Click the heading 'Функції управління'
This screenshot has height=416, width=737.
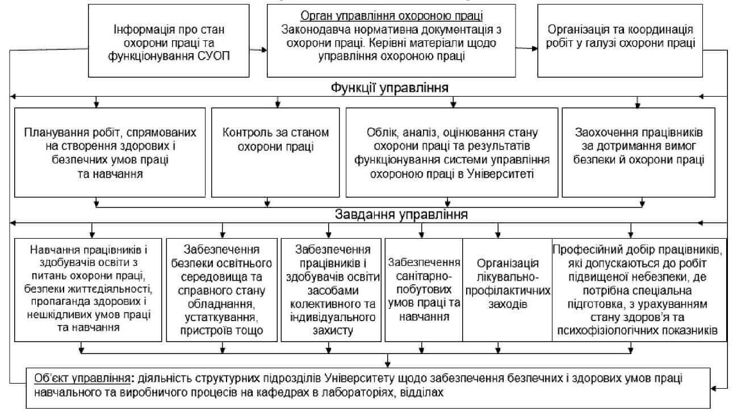coord(390,89)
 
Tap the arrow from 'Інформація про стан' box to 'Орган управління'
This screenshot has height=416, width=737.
coord(260,50)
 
